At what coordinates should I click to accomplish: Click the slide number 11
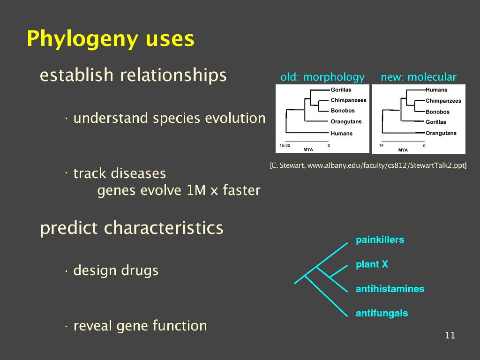tap(450, 335)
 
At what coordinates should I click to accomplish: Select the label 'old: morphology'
tap(322, 77)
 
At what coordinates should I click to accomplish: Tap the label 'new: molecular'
tap(419, 77)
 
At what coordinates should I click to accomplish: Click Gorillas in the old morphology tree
tap(341, 90)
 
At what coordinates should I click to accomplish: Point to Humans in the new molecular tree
tap(436, 90)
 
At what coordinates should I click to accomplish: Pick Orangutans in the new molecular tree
tap(441, 133)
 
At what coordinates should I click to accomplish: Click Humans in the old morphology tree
tap(341, 134)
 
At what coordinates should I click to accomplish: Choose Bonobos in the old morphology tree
tap(343, 111)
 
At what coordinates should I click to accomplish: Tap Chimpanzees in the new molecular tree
tap(443, 101)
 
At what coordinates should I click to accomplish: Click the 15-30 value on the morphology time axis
tap(285, 145)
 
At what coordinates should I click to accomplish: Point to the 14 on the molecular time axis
tap(381, 145)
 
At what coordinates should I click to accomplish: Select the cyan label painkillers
tap(380, 240)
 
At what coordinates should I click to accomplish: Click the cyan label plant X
tap(372, 264)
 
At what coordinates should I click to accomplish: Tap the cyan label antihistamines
tap(390, 289)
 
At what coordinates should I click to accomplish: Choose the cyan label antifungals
tap(382, 313)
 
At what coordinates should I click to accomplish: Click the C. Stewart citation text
tap(368, 165)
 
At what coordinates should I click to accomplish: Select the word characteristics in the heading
tap(164, 228)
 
